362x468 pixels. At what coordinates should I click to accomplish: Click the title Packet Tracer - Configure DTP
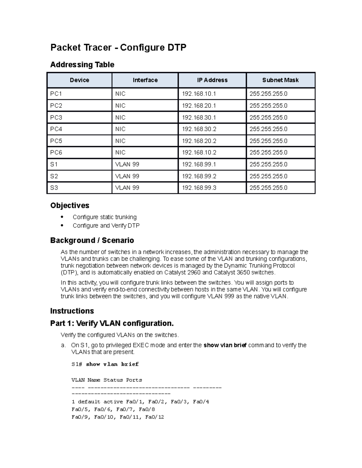118,47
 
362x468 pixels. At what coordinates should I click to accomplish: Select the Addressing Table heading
82,64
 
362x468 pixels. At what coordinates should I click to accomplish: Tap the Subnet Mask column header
280,80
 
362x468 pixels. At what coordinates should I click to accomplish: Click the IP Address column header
212,80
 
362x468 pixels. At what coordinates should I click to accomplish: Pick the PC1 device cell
56,94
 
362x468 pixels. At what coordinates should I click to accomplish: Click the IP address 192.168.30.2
199,129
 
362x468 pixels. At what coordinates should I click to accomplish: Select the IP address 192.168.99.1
199,164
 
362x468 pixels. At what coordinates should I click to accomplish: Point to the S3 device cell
54,188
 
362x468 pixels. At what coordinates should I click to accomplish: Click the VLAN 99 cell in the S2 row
127,176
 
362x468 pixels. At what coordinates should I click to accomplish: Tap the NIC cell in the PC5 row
120,141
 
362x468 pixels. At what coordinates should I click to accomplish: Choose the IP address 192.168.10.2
199,152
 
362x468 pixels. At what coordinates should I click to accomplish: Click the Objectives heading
70,205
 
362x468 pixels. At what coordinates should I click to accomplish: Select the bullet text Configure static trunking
104,217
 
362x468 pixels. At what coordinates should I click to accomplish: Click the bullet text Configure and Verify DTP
106,225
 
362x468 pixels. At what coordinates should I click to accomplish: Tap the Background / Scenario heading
92,240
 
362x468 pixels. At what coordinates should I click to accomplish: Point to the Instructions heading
72,311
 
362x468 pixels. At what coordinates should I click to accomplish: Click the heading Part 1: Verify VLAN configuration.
112,323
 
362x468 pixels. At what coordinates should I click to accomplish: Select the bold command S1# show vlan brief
105,364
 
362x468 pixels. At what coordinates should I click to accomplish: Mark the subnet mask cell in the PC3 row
268,117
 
